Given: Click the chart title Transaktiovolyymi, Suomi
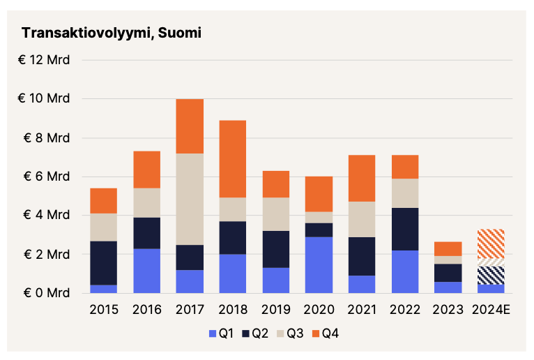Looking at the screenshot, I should (x=112, y=33).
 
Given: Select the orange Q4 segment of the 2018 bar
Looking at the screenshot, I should (x=233, y=159).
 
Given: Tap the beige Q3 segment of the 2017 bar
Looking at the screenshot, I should (x=190, y=199).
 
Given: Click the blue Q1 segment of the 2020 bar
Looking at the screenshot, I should (x=319, y=265).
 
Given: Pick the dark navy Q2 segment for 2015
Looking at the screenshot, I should (x=104, y=262).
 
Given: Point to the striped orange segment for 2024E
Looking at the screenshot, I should (x=491, y=243).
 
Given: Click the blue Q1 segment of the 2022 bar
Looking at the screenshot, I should (x=405, y=271).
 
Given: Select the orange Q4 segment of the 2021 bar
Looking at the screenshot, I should (x=362, y=178).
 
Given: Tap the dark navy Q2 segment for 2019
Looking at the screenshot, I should (x=275, y=249).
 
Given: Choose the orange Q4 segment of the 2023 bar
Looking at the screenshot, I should (x=448, y=248).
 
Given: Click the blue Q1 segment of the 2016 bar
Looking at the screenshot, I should (x=147, y=271).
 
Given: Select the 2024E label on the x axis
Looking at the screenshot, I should (x=491, y=309).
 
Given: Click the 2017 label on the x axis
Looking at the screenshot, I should (x=190, y=309).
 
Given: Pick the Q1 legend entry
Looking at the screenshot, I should (x=221, y=333).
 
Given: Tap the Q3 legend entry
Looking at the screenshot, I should (x=291, y=333).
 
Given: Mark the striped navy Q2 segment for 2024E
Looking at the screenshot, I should (x=491, y=275).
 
